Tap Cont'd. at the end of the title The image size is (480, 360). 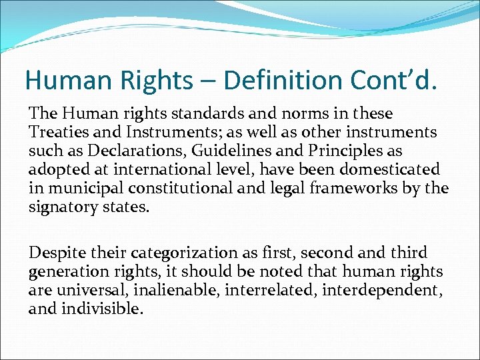(x=400, y=80)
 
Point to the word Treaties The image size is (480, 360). (x=57, y=133)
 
